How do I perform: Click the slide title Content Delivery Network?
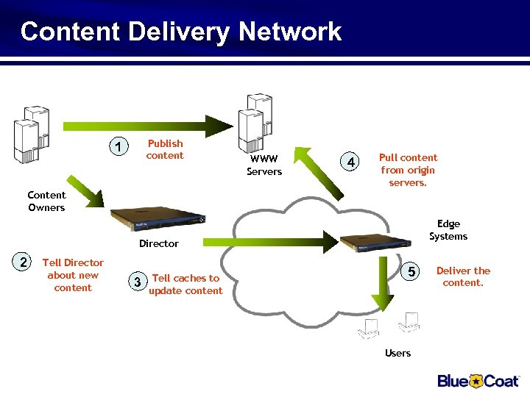tap(181, 32)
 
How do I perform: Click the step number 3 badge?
tap(135, 282)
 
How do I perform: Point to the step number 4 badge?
tap(352, 162)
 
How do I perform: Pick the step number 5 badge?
tap(413, 272)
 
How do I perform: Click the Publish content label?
tap(165, 149)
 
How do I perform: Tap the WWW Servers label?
tap(264, 165)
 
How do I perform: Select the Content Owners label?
tap(46, 201)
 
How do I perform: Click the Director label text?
tap(159, 243)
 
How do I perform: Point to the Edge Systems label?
tap(448, 230)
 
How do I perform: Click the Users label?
tap(397, 354)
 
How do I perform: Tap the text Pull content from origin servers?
tap(408, 170)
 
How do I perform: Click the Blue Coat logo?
tap(478, 380)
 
